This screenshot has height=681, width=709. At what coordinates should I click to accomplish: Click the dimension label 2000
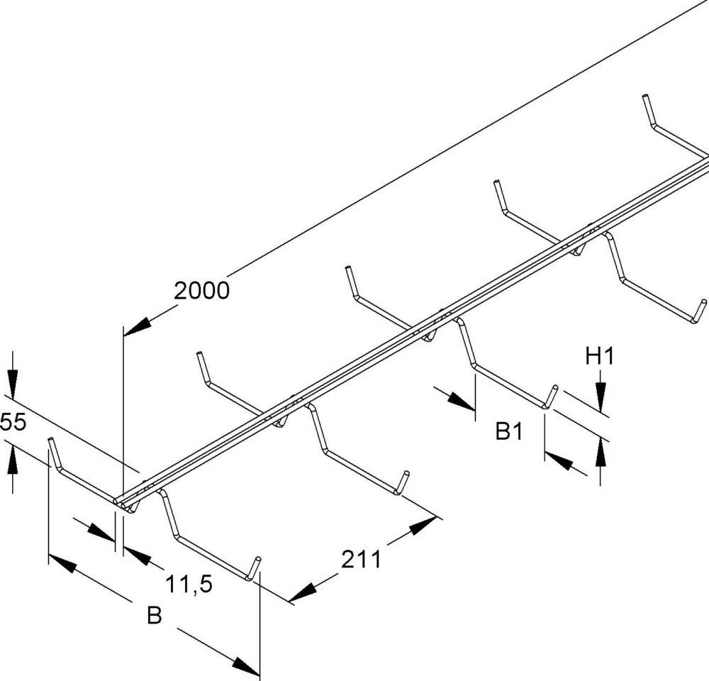202,290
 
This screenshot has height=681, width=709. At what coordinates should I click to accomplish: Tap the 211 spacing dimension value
362,560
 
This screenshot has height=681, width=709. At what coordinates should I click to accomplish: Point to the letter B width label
154,616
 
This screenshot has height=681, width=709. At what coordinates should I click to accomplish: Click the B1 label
509,431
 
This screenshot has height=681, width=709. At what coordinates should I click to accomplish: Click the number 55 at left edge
13,423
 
